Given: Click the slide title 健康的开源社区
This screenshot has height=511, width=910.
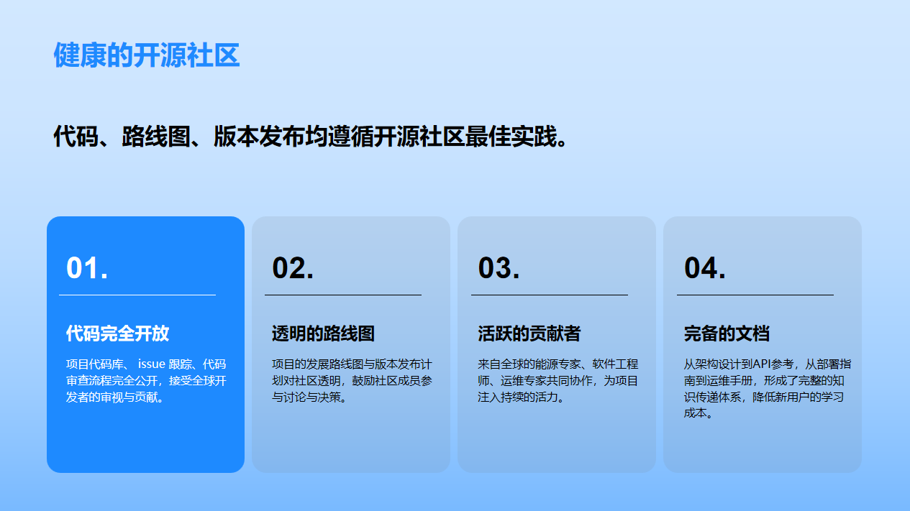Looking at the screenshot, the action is pos(147,55).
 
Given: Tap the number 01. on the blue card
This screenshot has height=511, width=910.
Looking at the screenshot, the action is pos(87,268).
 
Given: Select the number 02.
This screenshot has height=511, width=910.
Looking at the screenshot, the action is pos(293,268).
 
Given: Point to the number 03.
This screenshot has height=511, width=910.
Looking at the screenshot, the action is pos(499,268).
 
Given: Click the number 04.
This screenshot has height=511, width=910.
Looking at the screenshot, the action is pos(704,268).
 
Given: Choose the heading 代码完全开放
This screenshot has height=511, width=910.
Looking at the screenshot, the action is pos(117,333).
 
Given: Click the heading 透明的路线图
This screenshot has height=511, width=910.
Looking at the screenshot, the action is pos(323,333).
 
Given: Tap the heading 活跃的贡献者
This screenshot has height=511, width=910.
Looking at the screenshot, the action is pos(529,333).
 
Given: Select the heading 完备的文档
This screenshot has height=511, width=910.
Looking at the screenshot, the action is pos(727,333).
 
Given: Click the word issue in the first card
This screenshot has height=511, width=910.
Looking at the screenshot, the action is pos(152,364).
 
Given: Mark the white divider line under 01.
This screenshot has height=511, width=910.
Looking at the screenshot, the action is pos(137,295).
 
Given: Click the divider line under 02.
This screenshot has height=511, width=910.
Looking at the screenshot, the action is pos(343,295).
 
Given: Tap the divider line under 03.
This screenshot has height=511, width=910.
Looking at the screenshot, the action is pos(550,295).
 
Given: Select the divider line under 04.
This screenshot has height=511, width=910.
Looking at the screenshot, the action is pos(755,295).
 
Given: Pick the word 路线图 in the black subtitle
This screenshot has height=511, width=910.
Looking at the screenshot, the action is pos(156,137).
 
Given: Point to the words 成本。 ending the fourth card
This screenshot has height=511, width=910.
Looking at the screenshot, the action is pos(699,413).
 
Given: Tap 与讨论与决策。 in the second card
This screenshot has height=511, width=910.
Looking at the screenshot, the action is pos(309,397).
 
